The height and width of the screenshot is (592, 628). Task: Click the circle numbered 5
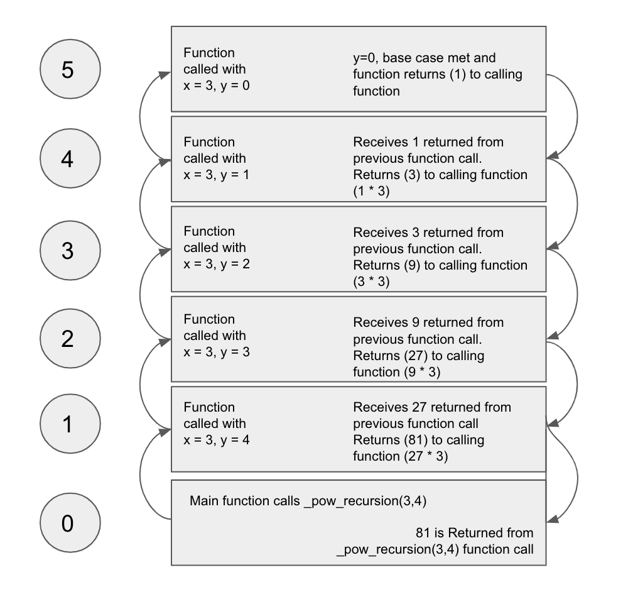(67, 70)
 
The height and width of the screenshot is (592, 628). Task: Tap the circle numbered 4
(67, 160)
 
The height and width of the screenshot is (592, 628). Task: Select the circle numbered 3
(67, 250)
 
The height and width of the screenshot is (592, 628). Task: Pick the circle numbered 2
(67, 339)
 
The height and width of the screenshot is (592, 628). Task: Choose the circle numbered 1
(67, 425)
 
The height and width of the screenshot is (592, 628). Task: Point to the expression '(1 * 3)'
(372, 192)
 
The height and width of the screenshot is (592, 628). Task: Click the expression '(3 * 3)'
(372, 282)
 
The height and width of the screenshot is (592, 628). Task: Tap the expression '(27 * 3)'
(428, 457)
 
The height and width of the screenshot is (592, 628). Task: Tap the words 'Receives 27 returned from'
(432, 408)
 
